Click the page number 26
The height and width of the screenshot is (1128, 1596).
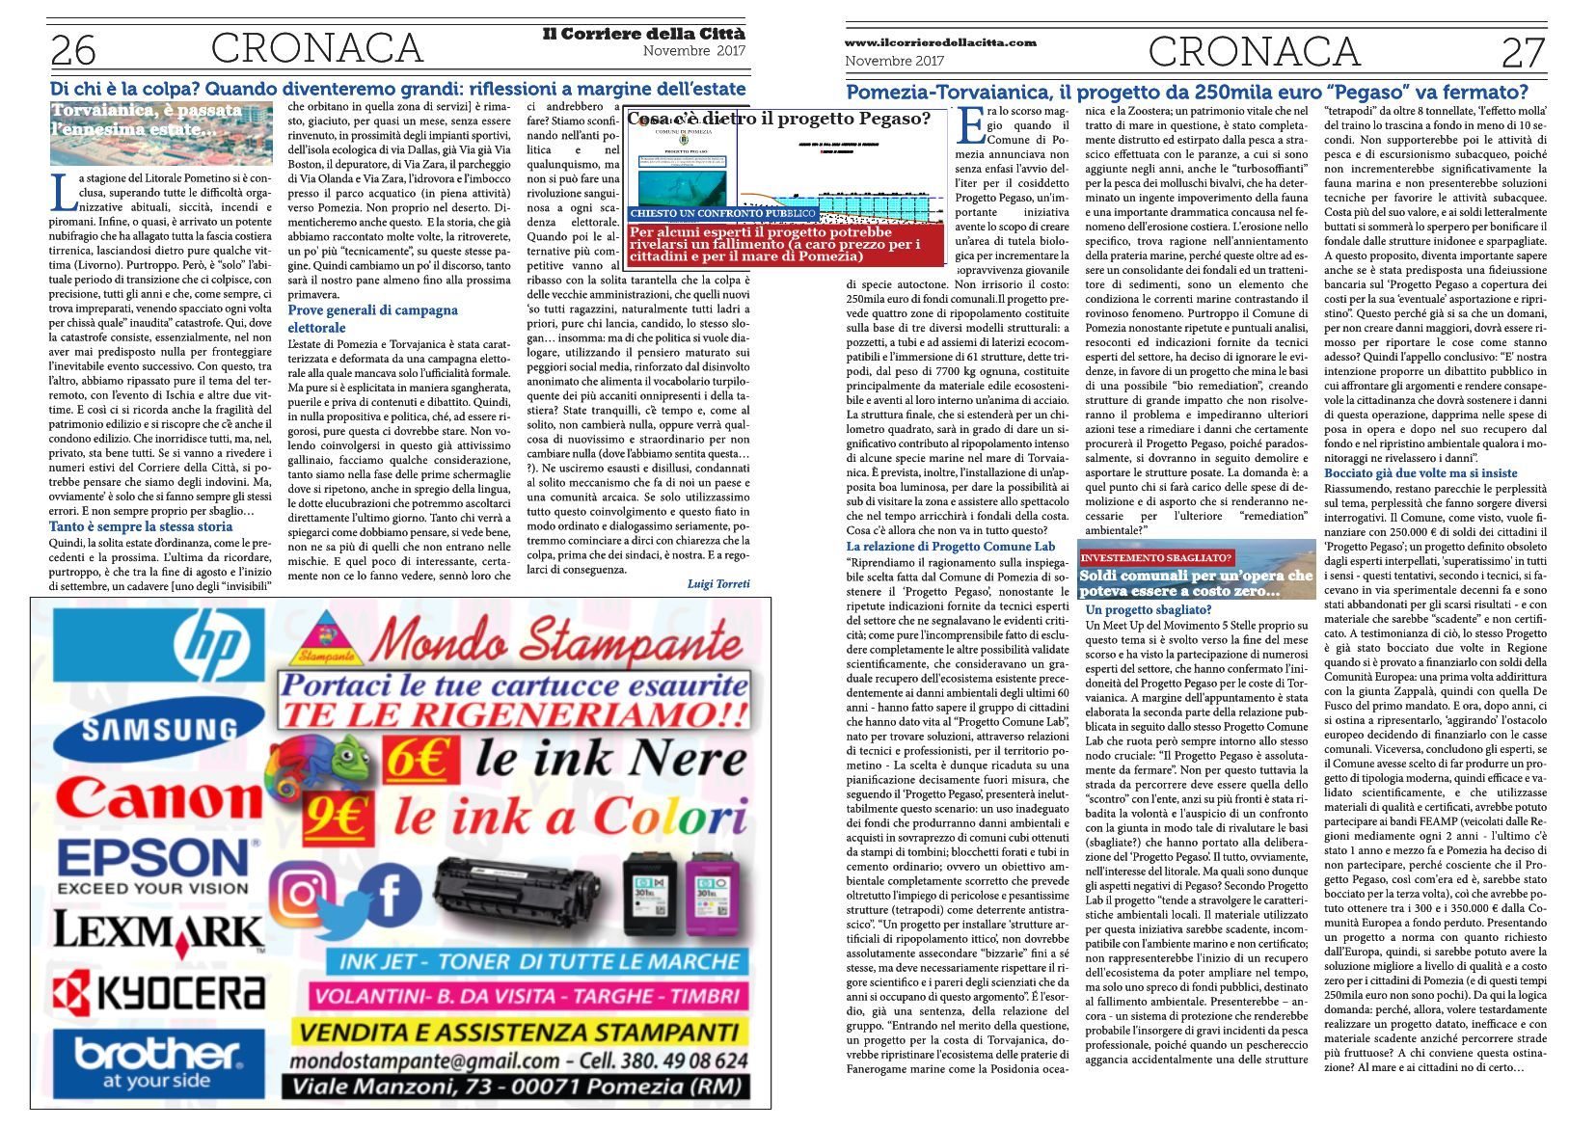74,50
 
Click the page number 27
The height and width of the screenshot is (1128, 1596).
1523,52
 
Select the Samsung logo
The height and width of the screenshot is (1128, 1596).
159,729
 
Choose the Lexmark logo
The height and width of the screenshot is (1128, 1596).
159,932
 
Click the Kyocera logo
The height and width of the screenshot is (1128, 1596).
159,994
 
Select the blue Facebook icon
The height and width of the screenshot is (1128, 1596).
386,894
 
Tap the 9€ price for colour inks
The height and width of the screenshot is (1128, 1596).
336,818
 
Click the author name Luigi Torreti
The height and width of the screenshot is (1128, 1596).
717,583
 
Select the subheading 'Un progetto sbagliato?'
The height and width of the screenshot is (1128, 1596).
1148,609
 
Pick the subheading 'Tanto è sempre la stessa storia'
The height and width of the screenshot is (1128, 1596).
141,526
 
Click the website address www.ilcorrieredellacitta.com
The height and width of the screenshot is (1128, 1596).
940,42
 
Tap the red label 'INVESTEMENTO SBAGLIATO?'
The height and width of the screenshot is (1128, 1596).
1156,557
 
